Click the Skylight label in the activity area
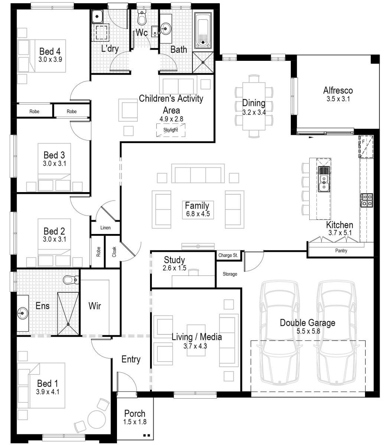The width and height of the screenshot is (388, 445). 170,130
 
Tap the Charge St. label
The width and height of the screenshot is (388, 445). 228,255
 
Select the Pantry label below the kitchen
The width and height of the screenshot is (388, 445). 341,251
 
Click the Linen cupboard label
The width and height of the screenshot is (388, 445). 105,228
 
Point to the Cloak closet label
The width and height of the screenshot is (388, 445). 114,252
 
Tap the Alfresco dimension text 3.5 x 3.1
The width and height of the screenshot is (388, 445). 338,99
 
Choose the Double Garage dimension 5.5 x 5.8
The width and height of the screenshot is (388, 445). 308,330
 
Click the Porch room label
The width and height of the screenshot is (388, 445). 135,413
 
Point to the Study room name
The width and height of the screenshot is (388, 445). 174,260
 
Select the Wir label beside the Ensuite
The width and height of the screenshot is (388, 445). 95,306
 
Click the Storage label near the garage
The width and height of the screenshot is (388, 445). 230,274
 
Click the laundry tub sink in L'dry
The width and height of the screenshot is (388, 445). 97,16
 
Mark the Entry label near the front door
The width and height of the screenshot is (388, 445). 131,359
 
